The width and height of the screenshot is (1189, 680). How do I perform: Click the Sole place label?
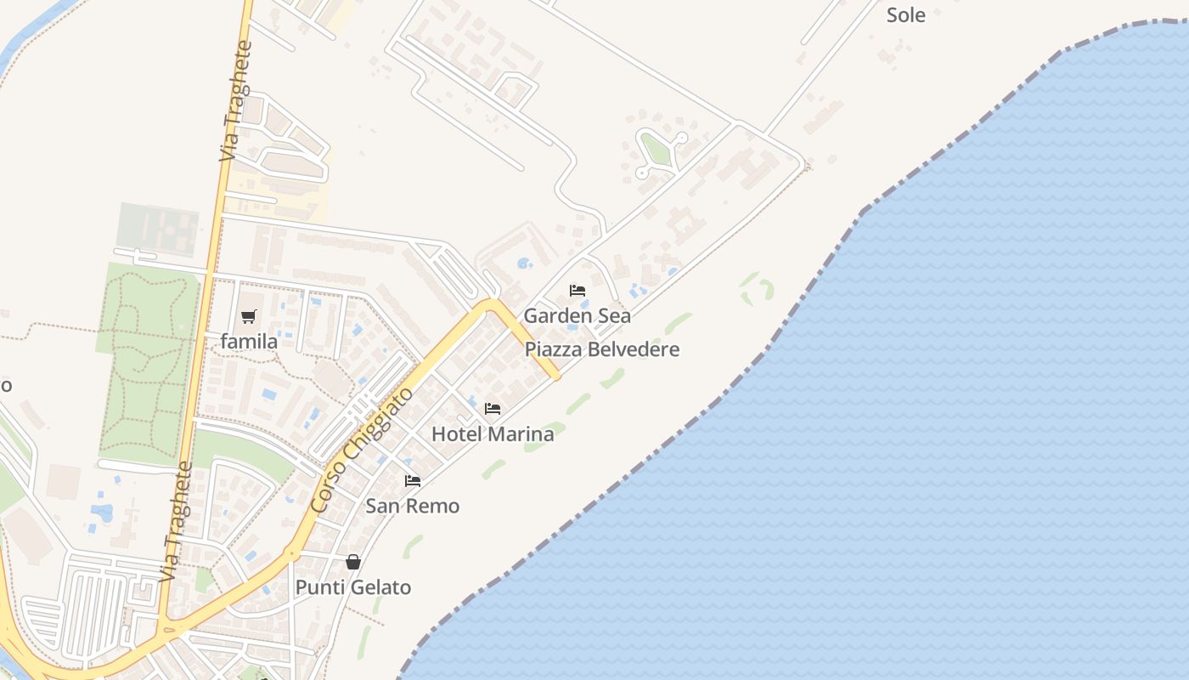905,14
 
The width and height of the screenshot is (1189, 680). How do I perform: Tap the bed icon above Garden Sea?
578,291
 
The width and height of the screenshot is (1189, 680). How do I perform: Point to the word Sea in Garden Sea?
614,316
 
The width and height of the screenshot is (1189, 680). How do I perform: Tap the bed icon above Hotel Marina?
493,409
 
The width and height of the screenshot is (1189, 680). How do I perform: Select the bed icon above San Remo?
413,481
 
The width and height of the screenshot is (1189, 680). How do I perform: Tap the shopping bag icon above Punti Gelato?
353,562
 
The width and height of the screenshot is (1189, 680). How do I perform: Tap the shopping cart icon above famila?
249,317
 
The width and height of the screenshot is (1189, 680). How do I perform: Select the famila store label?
249,342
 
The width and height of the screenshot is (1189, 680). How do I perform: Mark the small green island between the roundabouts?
656,150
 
